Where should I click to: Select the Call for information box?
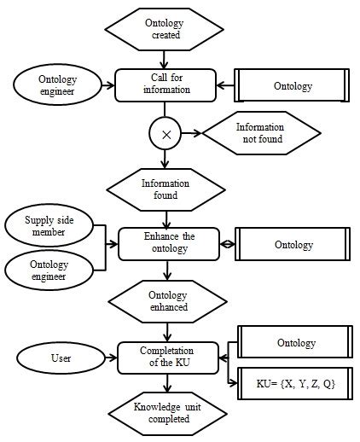[x=165, y=85]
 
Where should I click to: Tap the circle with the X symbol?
[x=165, y=133]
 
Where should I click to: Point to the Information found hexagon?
[x=165, y=188]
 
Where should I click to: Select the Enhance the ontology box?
[x=165, y=244]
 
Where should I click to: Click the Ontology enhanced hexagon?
[x=165, y=300]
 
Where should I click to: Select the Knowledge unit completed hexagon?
[x=165, y=412]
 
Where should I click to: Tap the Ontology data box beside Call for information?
[x=293, y=85]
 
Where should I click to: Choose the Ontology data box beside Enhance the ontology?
[x=293, y=244]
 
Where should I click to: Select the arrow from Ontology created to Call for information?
[x=165, y=60]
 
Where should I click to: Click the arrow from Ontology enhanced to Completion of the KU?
[x=165, y=329]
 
